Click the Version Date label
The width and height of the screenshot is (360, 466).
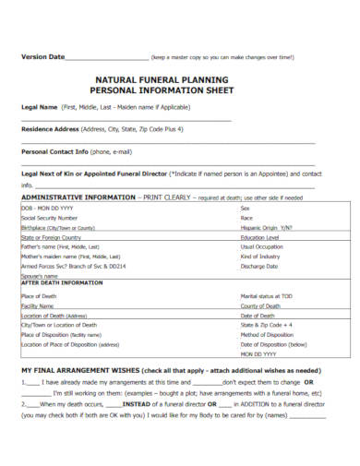(42, 57)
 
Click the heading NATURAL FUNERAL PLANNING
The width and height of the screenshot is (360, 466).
(179, 79)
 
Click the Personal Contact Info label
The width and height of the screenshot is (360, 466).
(54, 150)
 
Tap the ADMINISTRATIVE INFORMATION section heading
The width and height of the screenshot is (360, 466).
(78, 197)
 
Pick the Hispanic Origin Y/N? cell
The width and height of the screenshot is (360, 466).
(266, 227)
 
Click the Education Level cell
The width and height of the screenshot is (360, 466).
(260, 237)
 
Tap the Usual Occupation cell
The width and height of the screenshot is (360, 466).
(262, 246)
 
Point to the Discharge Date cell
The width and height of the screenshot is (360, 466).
(259, 266)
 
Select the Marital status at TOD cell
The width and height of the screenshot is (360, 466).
(267, 295)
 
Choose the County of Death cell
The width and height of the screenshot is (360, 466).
(260, 305)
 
